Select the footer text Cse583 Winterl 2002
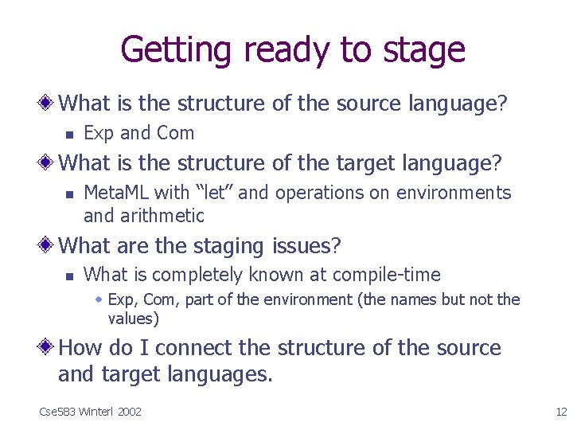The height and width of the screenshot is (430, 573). coord(90,411)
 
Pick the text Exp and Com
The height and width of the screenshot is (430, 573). coord(138,133)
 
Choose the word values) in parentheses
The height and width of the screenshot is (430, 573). coord(134,319)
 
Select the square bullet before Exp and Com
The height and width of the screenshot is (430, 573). coord(69,134)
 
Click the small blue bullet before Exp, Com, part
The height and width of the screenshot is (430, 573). coord(99,300)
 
